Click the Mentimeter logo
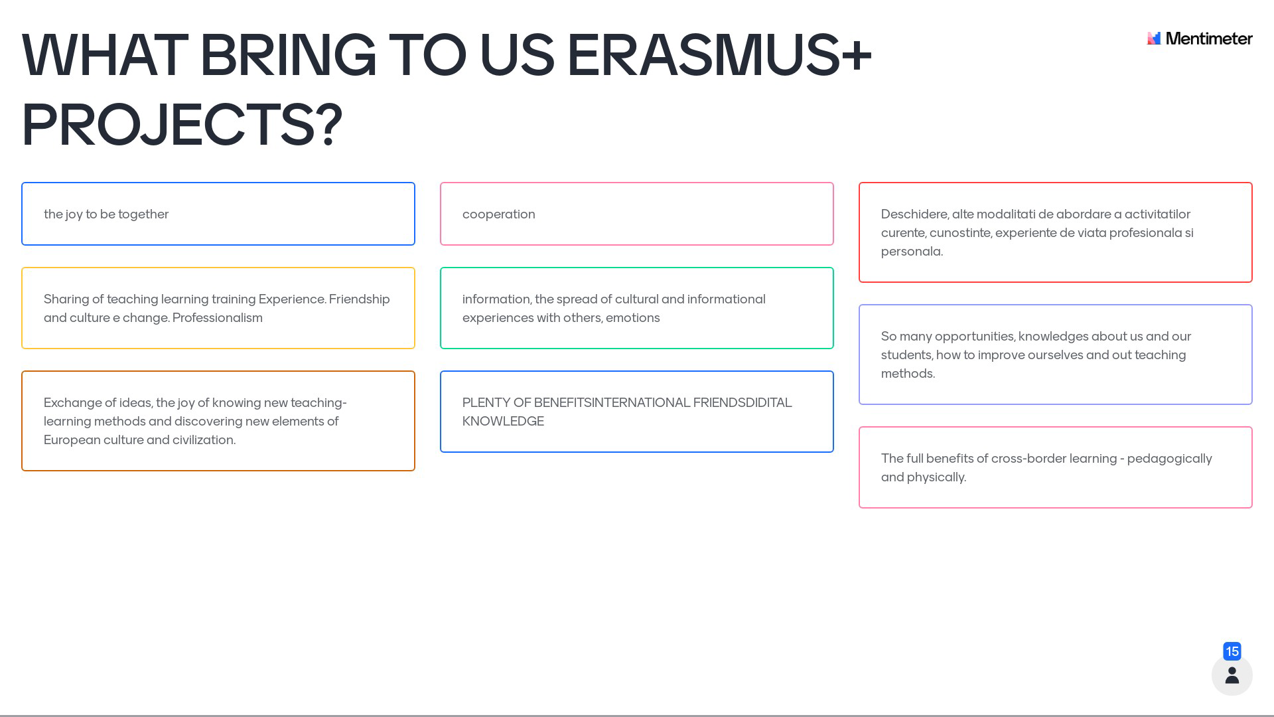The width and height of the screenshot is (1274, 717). (x=1200, y=39)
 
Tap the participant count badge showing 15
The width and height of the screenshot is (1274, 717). (x=1232, y=651)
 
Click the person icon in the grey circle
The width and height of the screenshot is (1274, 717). (x=1232, y=675)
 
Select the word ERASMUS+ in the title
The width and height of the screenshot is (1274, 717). (x=719, y=55)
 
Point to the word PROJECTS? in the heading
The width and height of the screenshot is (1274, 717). (x=182, y=125)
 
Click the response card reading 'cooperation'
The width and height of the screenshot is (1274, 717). (x=637, y=214)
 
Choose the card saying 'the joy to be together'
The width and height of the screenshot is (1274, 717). (x=218, y=214)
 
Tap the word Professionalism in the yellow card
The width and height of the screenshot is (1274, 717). (x=218, y=318)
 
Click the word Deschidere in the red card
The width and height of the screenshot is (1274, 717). (x=915, y=214)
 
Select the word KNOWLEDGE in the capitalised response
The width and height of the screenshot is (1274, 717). (x=503, y=422)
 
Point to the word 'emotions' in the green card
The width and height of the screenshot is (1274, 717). (x=633, y=318)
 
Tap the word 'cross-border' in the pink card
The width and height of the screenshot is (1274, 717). (x=1028, y=459)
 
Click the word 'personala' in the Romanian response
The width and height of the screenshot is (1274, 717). (x=912, y=252)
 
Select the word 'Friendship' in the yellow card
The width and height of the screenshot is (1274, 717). (x=360, y=299)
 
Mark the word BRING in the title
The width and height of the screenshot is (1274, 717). (x=288, y=55)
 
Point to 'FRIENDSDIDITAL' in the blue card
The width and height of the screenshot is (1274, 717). (x=743, y=403)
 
